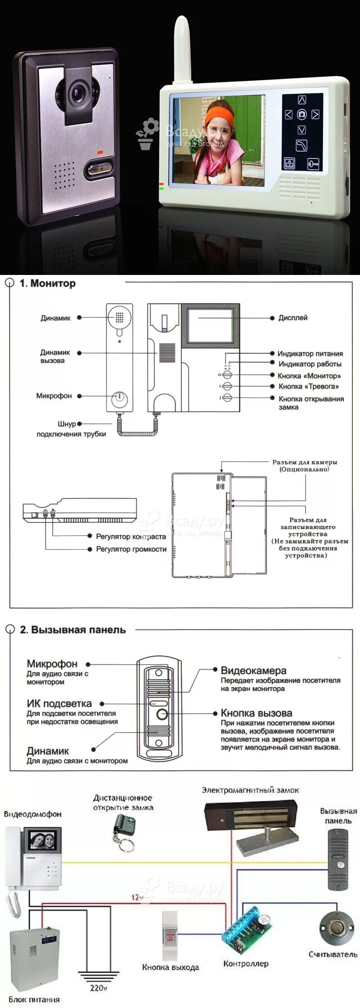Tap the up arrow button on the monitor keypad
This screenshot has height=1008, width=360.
302,99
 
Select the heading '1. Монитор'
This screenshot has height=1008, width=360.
47,283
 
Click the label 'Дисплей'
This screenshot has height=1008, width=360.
293,318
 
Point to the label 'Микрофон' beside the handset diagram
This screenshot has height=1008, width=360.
54,396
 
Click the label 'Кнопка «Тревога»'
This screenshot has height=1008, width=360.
309,386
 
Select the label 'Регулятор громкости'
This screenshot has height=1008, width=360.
131,549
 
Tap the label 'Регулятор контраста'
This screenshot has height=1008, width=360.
131,536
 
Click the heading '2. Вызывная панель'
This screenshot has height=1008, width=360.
72,630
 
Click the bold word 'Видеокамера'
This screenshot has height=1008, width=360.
253,670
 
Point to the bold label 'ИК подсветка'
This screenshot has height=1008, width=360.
59,703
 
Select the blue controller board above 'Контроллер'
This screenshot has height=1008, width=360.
247,927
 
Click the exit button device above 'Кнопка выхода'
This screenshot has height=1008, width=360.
170,936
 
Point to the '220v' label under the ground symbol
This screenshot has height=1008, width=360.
99,988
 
